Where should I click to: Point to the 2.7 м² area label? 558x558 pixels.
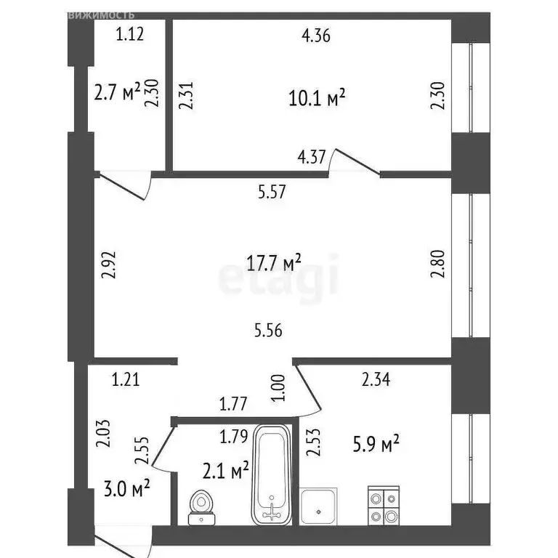[x=116, y=93]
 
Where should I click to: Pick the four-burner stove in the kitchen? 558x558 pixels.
[x=383, y=504]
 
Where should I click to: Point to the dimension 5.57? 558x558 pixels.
[x=272, y=193]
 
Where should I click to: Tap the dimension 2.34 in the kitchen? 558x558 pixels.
[x=376, y=378]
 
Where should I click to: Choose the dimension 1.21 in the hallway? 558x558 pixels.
[x=126, y=378]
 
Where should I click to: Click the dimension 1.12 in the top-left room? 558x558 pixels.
[x=131, y=33]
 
